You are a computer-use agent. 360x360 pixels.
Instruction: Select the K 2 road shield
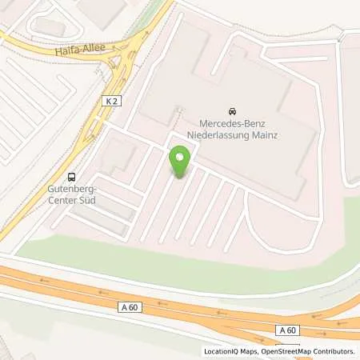(x=110, y=101)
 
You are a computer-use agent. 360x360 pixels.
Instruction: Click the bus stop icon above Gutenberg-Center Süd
(x=73, y=177)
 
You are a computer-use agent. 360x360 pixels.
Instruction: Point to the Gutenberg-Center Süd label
(x=73, y=196)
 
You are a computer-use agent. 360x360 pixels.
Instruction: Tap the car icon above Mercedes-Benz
(x=232, y=110)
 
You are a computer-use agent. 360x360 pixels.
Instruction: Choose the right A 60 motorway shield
(x=289, y=330)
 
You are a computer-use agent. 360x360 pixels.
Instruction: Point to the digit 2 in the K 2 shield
(x=113, y=101)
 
